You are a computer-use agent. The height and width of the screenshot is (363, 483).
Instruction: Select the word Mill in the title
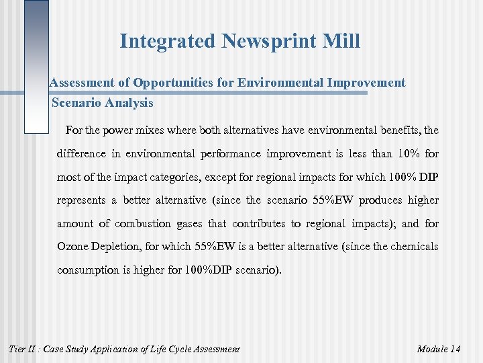pyautogui.click(x=341, y=42)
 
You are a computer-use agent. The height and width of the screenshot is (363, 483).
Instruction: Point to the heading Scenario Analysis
pyautogui.click(x=103, y=103)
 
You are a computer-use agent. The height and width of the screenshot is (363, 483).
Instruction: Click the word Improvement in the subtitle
pyautogui.click(x=366, y=83)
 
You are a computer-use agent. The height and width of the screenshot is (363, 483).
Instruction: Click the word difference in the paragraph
pyautogui.click(x=82, y=153)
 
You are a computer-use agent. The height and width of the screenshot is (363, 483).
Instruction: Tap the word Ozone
pyautogui.click(x=73, y=247)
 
